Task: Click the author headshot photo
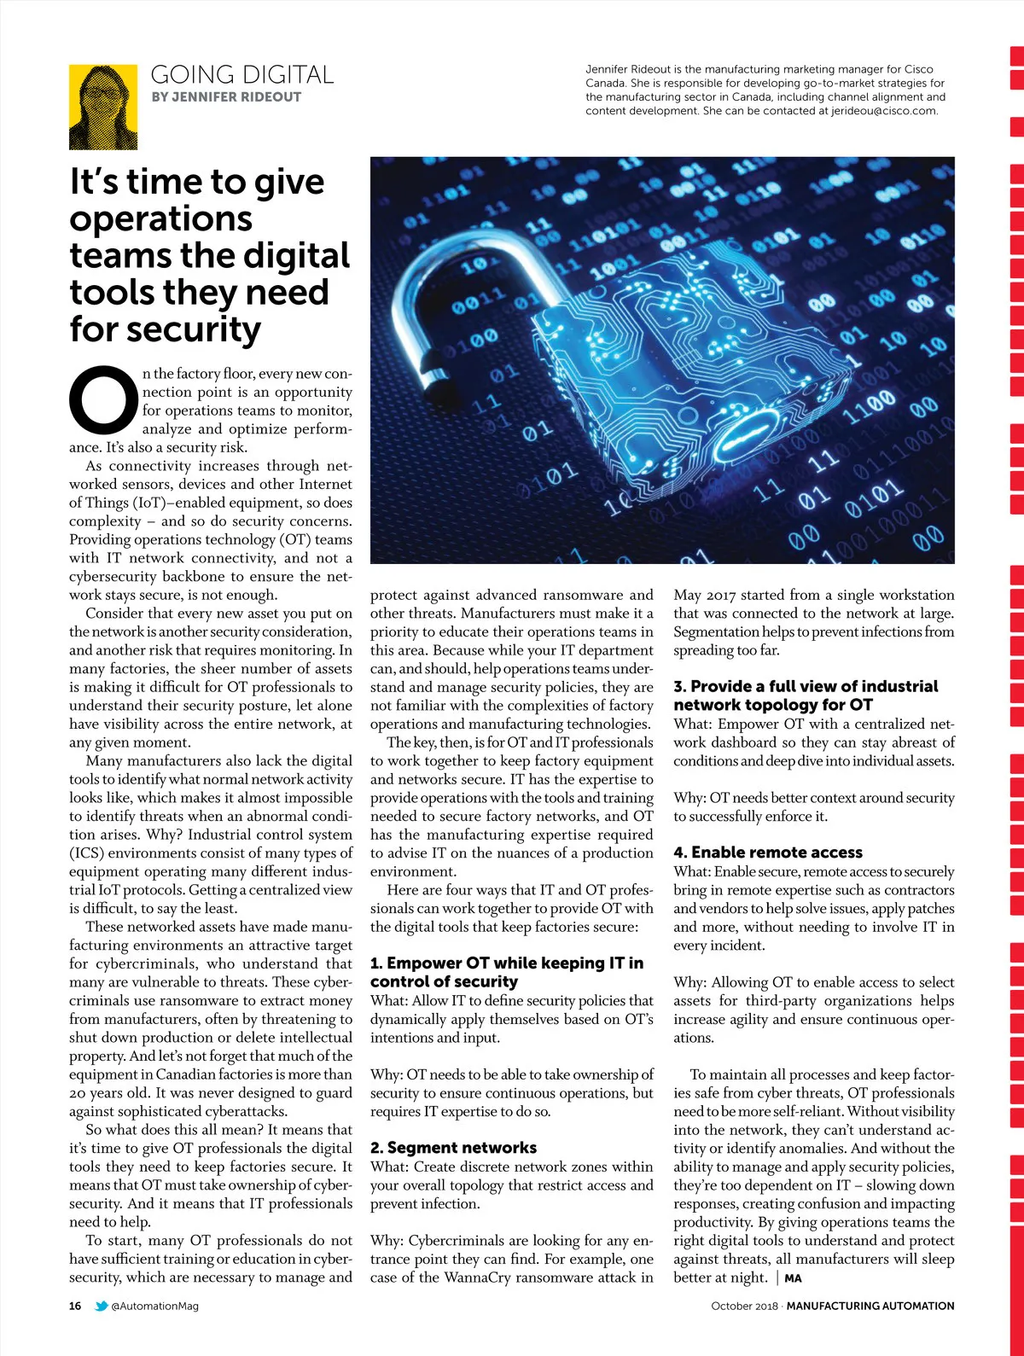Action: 103,107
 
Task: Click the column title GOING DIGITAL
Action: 241,75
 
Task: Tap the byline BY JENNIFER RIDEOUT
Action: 226,97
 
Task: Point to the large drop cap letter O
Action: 103,399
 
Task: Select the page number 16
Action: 75,1306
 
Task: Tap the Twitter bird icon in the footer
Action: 102,1306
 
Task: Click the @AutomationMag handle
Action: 154,1306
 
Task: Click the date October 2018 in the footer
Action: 744,1306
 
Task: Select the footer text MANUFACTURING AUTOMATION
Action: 870,1306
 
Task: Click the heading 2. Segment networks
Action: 453,1148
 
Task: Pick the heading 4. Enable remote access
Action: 767,853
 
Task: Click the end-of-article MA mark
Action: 793,1278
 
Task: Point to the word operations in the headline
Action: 161,219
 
